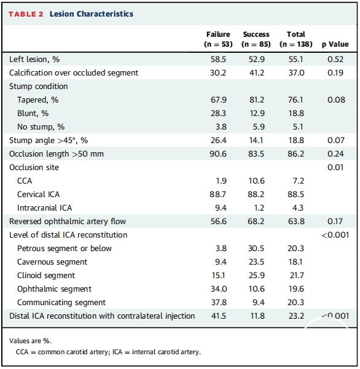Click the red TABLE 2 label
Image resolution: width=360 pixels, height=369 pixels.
[26, 14]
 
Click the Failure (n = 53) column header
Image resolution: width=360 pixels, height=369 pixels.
[218, 39]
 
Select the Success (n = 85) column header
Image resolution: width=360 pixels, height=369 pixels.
[256, 39]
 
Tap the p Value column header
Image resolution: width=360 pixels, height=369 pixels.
[335, 44]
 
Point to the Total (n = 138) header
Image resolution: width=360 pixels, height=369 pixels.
[296, 39]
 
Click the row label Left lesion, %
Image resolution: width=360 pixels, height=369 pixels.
[34, 60]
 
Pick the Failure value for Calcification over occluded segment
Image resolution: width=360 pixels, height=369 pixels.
[218, 72]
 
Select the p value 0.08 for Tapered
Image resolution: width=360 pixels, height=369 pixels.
[336, 100]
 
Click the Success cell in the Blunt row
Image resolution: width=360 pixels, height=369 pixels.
[257, 113]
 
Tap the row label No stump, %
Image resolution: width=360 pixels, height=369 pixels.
[41, 127]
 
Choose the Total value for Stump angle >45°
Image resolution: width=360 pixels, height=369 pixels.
[297, 140]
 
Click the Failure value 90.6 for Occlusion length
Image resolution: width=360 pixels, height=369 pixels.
[218, 153]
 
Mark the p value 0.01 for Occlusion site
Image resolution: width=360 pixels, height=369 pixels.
[335, 168]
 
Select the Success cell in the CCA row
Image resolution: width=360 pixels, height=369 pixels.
[257, 181]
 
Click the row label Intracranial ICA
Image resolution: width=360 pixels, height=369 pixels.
[44, 208]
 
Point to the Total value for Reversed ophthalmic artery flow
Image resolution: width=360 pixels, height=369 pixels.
[296, 221]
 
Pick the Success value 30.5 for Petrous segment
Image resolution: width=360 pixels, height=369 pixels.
[256, 248]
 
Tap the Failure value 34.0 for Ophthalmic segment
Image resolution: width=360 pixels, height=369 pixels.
[219, 289]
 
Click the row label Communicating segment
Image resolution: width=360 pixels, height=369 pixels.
[61, 303]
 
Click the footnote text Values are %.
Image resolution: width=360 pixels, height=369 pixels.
[30, 341]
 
